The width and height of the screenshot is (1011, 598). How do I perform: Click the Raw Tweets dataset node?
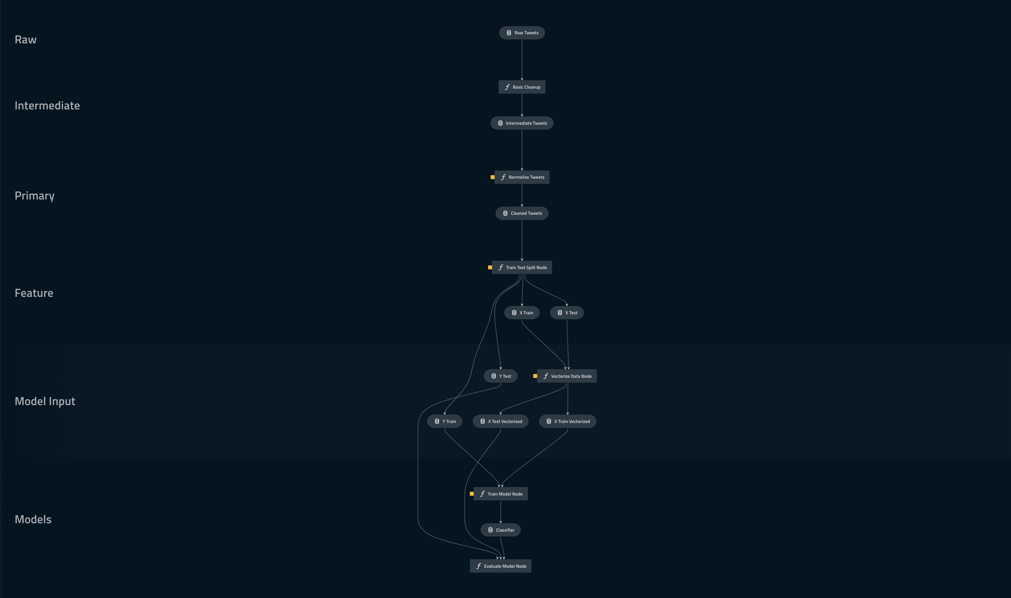coord(522,33)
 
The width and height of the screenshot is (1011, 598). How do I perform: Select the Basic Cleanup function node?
coord(522,87)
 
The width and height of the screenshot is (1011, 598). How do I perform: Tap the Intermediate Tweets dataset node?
coord(522,123)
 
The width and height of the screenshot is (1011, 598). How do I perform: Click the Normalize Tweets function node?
coord(522,177)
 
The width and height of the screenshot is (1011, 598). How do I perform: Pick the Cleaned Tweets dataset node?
coord(522,213)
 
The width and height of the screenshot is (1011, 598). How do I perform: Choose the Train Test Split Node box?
coord(522,268)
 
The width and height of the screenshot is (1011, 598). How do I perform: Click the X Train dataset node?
coord(522,313)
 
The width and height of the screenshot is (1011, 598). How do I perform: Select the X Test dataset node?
coord(566,313)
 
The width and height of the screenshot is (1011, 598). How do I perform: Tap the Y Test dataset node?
coord(500,376)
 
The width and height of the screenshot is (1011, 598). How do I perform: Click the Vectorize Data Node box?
coord(567,376)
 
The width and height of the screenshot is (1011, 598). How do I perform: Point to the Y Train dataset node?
coord(445,422)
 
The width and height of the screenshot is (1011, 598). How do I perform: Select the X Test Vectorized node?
coord(500,422)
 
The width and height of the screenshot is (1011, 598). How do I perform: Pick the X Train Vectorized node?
coord(568,422)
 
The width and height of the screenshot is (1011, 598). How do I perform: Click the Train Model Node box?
coord(500,494)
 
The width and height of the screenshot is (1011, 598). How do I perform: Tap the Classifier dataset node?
coord(500,530)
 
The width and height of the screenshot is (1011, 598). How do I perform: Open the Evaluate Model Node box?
coord(500,566)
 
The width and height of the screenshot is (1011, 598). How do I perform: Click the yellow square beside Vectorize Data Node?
coord(535,376)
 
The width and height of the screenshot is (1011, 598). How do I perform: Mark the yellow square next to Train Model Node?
coord(472,494)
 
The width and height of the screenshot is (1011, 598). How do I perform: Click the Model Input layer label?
coord(45,401)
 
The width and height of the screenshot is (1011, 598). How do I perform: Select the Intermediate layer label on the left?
coord(47,106)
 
